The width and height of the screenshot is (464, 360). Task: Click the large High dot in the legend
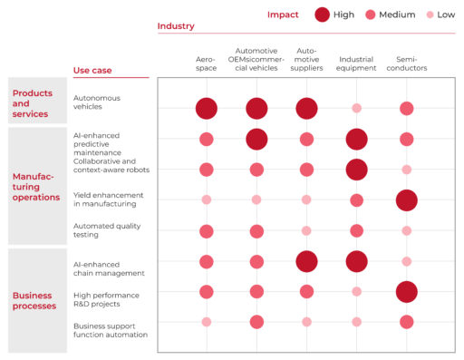tap(322, 15)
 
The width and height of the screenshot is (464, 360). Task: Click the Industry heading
tap(176, 26)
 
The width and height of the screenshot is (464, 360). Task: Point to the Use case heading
tap(92, 71)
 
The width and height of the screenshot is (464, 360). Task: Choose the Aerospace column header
tap(206, 63)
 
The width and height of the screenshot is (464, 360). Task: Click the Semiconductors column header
tap(406, 63)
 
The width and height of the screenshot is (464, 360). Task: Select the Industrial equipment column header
tap(356, 63)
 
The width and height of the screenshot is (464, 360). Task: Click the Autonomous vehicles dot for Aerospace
tap(206, 108)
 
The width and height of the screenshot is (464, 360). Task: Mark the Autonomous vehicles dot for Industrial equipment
tap(356, 108)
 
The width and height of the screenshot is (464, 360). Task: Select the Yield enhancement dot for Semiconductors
tap(406, 199)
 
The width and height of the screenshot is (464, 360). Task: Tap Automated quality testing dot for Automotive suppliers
tap(306, 230)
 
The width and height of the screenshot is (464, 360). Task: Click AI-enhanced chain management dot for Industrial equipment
tap(356, 261)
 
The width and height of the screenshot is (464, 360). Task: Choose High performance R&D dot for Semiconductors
tap(406, 291)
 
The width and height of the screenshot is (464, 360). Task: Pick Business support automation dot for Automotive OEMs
tap(256, 321)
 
